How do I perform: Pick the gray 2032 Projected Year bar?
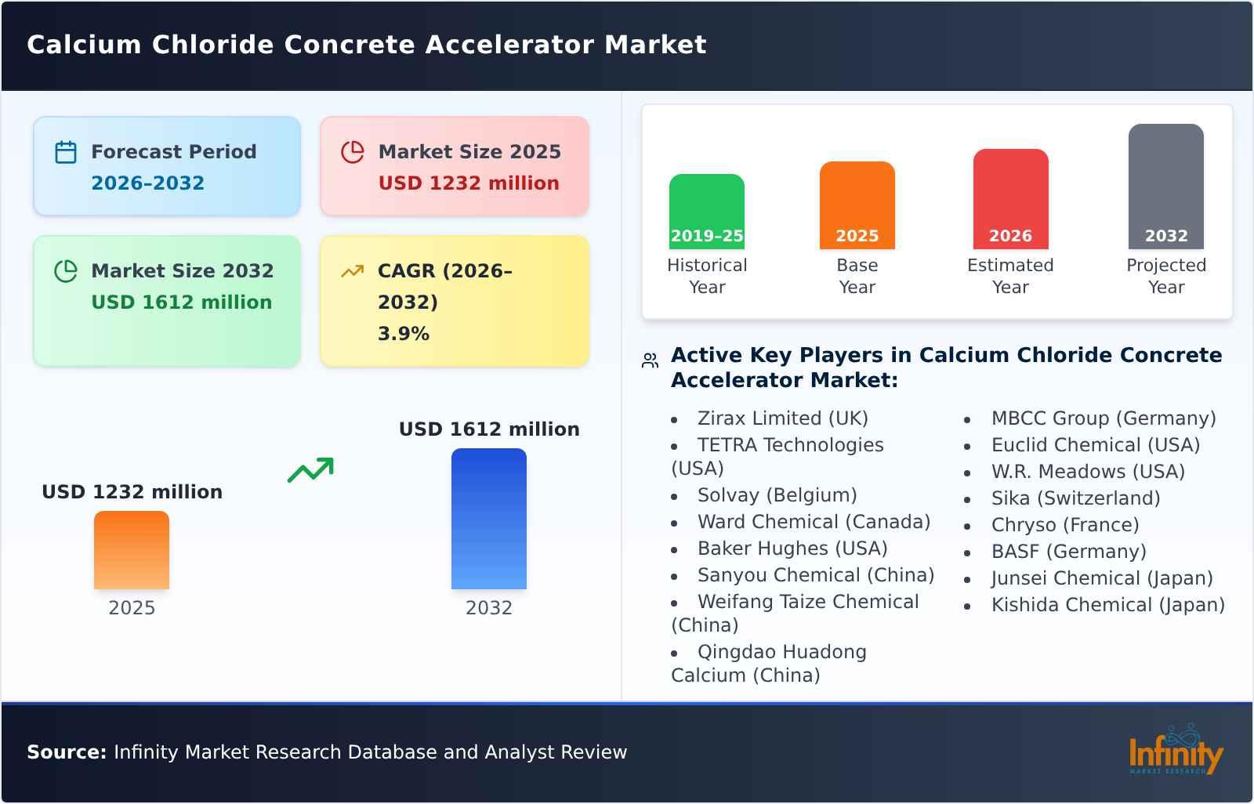(1165, 185)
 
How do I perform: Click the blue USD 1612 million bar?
(488, 518)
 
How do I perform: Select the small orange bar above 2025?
(132, 549)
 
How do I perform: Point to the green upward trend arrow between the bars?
(310, 469)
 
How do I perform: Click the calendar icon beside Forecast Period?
(66, 152)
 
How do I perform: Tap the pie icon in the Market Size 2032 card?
(66, 271)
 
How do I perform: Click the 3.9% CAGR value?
(403, 334)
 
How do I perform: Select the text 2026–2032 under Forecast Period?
(147, 183)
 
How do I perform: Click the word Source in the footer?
(66, 752)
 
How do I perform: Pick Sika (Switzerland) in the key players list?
(1075, 498)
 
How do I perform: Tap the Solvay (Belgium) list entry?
(777, 495)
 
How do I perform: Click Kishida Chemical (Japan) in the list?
(1107, 605)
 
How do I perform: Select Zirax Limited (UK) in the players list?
(782, 418)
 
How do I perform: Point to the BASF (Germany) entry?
(1068, 552)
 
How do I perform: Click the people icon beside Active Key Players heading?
(650, 360)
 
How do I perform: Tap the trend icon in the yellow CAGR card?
(352, 271)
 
